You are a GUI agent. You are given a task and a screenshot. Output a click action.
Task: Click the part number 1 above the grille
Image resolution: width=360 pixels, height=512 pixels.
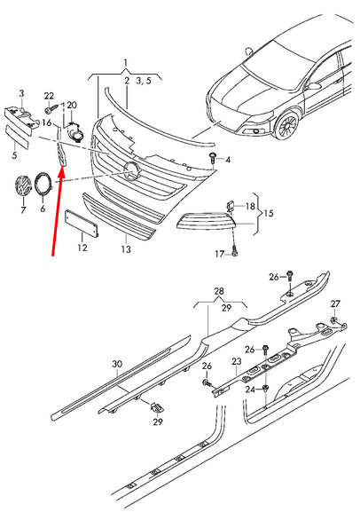tap(125, 63)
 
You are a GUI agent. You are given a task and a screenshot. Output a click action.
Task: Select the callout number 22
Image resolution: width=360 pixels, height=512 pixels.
tap(50, 96)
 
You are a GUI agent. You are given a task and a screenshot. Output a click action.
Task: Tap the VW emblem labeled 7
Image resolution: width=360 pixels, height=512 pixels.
tap(22, 188)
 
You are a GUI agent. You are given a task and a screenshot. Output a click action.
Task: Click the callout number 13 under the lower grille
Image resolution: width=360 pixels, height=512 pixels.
tap(125, 250)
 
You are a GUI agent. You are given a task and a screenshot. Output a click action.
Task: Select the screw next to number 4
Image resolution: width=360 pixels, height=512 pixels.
tap(214, 158)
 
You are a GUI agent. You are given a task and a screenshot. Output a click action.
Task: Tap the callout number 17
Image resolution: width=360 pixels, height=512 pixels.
tap(219, 255)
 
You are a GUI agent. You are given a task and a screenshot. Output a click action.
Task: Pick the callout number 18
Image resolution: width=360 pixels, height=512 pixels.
tap(249, 206)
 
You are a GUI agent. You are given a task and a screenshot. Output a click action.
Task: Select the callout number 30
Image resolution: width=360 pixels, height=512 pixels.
tap(116, 364)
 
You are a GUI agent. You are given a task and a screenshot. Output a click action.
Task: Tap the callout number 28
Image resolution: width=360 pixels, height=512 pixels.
tap(219, 290)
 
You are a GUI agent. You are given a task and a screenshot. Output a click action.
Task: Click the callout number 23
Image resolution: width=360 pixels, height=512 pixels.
tap(236, 361)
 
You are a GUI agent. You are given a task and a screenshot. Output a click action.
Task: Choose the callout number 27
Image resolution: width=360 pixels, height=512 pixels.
tap(335, 303)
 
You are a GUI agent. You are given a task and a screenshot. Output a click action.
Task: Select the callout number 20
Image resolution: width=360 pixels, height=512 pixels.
tap(72, 105)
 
